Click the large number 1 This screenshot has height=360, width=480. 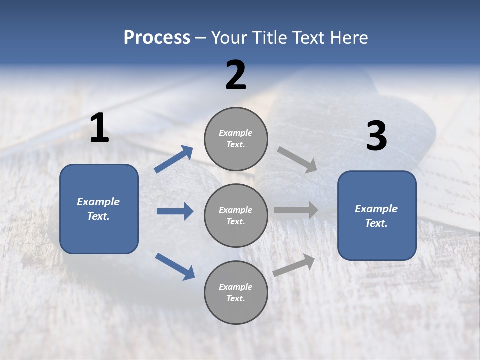pyautogui.click(x=99, y=128)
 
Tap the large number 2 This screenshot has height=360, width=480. pyautogui.click(x=235, y=75)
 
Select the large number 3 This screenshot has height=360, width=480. pyautogui.click(x=376, y=136)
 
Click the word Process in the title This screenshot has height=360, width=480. pyautogui.click(x=157, y=37)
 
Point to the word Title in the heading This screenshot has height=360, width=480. pyautogui.click(x=268, y=37)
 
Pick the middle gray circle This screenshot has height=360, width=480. pyautogui.click(x=236, y=215)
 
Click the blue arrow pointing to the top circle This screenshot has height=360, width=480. pyautogui.click(x=173, y=159)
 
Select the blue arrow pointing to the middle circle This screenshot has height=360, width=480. pyautogui.click(x=175, y=211)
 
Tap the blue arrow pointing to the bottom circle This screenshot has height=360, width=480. pyautogui.click(x=175, y=266)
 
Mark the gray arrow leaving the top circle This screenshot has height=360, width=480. pyautogui.click(x=297, y=160)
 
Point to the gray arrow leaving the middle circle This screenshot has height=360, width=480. pyautogui.click(x=296, y=210)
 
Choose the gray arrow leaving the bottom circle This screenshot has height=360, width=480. pyautogui.click(x=294, y=265)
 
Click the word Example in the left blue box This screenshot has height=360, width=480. pyautogui.click(x=98, y=202)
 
